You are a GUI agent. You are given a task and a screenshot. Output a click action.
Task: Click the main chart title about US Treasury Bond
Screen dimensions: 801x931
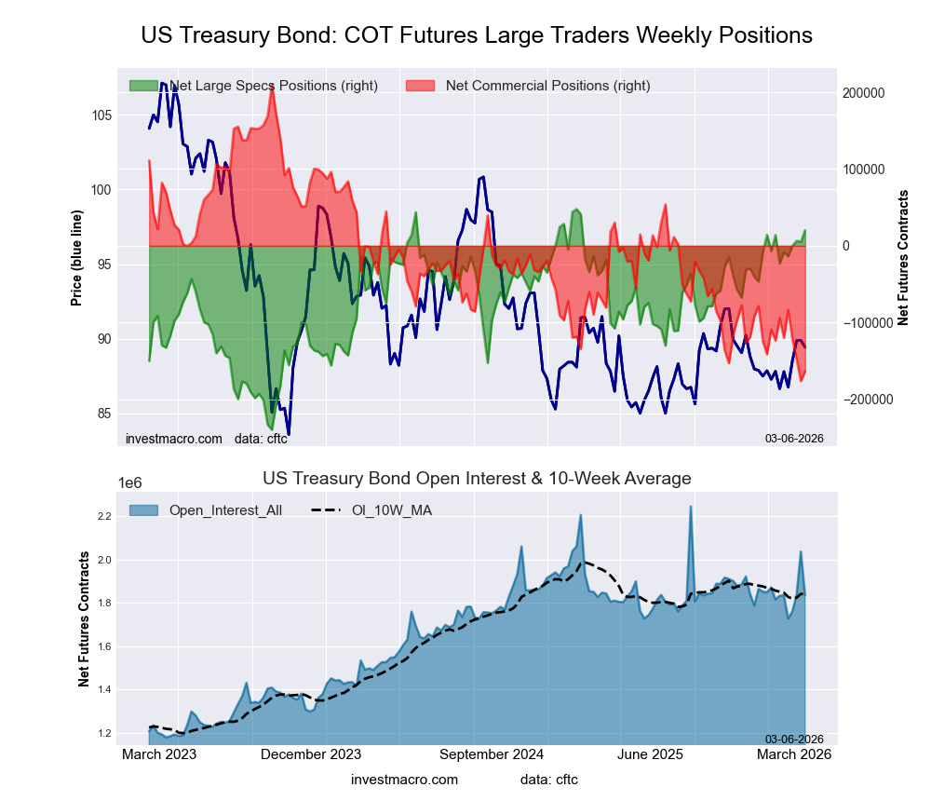point(477,35)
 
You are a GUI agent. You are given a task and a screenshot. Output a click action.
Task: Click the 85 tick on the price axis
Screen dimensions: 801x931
point(103,414)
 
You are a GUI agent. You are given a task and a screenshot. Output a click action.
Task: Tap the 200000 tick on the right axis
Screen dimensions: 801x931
point(862,93)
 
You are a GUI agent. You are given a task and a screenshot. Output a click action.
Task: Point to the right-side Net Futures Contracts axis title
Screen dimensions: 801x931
point(902,256)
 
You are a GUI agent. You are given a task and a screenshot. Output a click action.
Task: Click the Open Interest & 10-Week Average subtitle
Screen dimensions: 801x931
point(477,479)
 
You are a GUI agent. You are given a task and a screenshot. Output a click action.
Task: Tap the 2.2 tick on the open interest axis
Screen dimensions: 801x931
point(103,516)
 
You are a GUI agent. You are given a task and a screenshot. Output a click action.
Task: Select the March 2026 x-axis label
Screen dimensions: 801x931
point(791,755)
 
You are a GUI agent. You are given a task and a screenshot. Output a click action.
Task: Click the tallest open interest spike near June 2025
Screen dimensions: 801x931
point(691,507)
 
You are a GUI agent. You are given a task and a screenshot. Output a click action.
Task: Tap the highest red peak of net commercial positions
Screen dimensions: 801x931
point(271,85)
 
